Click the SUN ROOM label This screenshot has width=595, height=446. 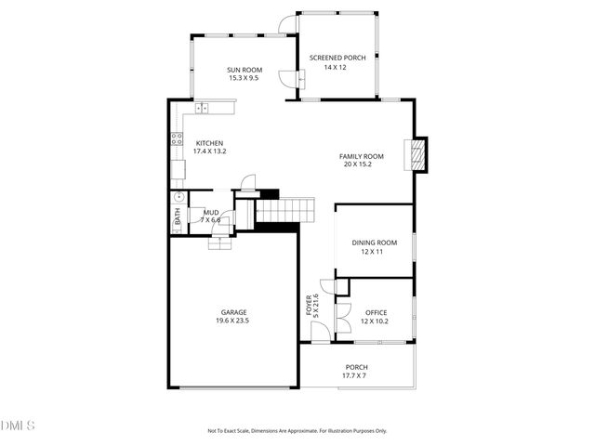(x=245, y=70)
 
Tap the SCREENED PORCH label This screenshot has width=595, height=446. (x=337, y=58)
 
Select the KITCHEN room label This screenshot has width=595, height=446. (x=209, y=142)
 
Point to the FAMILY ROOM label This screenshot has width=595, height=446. (x=362, y=156)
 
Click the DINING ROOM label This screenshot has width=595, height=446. (x=374, y=243)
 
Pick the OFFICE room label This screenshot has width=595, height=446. (x=376, y=312)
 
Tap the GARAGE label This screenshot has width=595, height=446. (x=233, y=312)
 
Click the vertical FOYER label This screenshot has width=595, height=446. (x=309, y=306)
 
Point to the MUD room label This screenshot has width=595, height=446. (x=212, y=212)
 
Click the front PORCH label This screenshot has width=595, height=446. (x=356, y=367)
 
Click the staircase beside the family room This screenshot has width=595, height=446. (x=284, y=211)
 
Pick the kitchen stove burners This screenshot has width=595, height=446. (x=176, y=140)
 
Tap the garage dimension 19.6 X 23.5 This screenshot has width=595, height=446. (x=233, y=321)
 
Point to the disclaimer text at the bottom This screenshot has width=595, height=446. (x=297, y=431)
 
